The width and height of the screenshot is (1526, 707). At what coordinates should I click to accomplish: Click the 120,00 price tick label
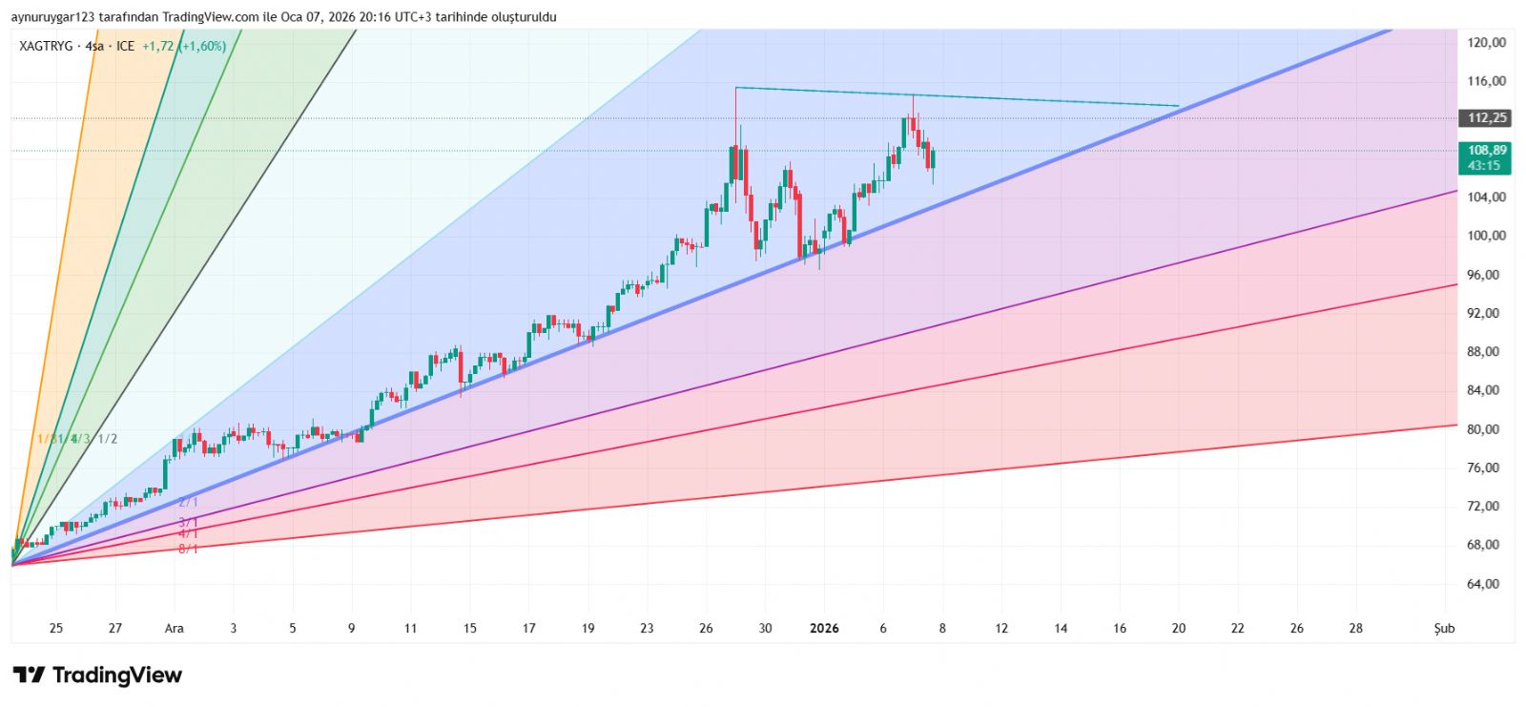pyautogui.click(x=1487, y=42)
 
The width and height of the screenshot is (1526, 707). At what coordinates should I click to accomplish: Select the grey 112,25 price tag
pyautogui.click(x=1487, y=118)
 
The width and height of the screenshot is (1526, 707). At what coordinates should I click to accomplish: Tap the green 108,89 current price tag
pyautogui.click(x=1487, y=151)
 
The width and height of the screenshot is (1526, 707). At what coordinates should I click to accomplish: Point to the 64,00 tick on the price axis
pyautogui.click(x=1487, y=584)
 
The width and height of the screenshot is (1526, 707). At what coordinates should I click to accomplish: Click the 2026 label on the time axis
pyautogui.click(x=824, y=628)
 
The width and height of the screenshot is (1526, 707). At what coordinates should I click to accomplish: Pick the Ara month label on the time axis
pyautogui.click(x=175, y=628)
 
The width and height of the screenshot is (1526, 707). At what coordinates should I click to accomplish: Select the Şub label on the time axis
pyautogui.click(x=1445, y=628)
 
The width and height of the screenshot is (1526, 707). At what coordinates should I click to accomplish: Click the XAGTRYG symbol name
pyautogui.click(x=46, y=46)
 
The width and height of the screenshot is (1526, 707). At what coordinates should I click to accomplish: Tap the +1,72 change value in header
pyautogui.click(x=157, y=46)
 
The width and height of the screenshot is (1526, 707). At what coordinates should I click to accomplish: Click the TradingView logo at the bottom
pyautogui.click(x=97, y=676)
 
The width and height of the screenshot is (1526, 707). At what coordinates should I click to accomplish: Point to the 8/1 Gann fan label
pyautogui.click(x=188, y=549)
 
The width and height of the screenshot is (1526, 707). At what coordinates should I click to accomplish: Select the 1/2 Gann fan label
pyautogui.click(x=108, y=439)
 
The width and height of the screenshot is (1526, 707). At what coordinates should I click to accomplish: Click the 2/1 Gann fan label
pyautogui.click(x=188, y=502)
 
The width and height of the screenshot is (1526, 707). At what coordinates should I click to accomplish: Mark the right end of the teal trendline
pyautogui.click(x=1179, y=106)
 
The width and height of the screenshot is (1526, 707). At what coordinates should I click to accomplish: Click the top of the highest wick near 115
pyautogui.click(x=735, y=88)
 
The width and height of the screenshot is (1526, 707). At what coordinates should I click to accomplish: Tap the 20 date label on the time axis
pyautogui.click(x=1179, y=628)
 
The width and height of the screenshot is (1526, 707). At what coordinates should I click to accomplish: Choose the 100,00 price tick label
pyautogui.click(x=1487, y=236)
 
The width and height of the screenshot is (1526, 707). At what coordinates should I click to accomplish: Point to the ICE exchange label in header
pyautogui.click(x=125, y=46)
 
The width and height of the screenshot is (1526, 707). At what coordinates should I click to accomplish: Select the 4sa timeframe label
pyautogui.click(x=94, y=46)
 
